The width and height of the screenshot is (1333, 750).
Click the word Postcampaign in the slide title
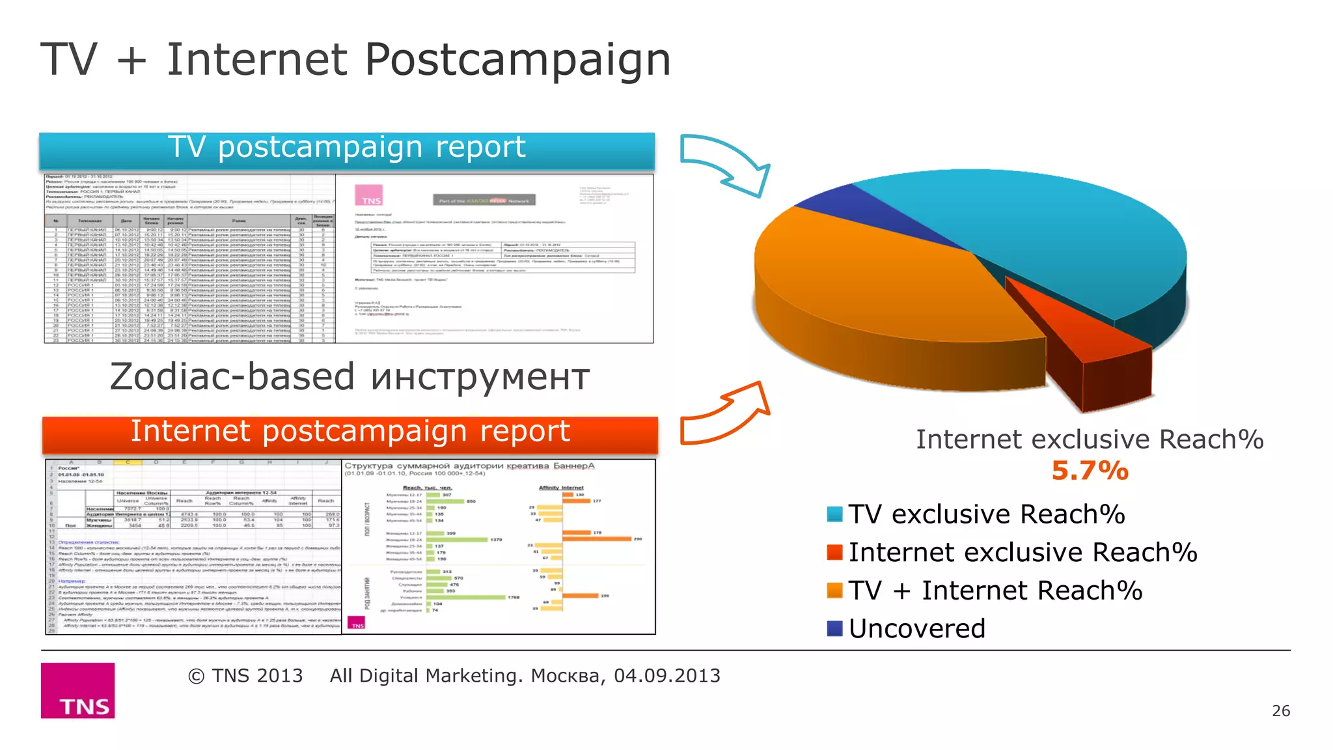[517, 61]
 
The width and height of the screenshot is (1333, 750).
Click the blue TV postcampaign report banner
[346, 149]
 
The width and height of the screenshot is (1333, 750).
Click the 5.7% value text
[1090, 471]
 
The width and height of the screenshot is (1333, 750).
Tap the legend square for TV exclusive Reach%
[834, 514]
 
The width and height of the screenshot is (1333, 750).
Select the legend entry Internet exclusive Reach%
[1022, 553]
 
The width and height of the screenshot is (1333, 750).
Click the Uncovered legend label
[916, 629]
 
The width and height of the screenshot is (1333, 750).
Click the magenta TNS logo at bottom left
[78, 691]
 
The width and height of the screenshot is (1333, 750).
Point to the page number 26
[1280, 711]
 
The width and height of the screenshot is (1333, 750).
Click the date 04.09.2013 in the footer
[666, 676]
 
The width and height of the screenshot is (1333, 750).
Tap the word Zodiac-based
[232, 378]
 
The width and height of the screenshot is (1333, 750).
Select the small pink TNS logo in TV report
[368, 195]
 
